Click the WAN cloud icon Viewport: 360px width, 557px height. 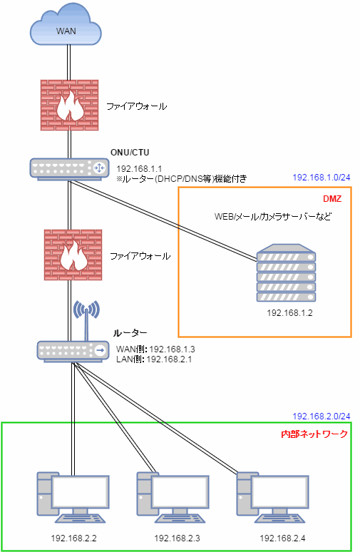[66, 24]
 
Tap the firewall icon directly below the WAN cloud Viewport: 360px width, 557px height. [69, 105]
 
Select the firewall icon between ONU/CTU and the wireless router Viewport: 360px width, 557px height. [73, 255]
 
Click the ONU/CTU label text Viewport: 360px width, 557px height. [130, 153]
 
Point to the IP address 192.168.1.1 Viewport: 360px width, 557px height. [139, 169]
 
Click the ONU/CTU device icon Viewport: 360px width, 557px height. [69, 169]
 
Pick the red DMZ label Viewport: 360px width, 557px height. [332, 198]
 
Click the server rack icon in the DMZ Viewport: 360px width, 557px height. [286, 273]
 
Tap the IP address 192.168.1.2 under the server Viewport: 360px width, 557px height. [289, 312]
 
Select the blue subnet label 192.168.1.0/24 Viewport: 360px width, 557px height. [322, 178]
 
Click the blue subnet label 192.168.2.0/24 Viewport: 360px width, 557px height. [322, 416]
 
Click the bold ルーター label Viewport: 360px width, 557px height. [130, 333]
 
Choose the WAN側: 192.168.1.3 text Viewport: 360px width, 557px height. [155, 349]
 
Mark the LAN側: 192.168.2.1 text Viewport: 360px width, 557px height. [154, 359]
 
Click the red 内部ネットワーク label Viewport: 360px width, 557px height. [314, 434]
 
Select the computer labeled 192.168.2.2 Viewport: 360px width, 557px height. [73, 497]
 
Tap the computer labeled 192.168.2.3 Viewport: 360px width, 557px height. [173, 497]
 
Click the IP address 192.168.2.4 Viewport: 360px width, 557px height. [282, 538]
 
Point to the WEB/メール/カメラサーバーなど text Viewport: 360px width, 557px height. [272, 216]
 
